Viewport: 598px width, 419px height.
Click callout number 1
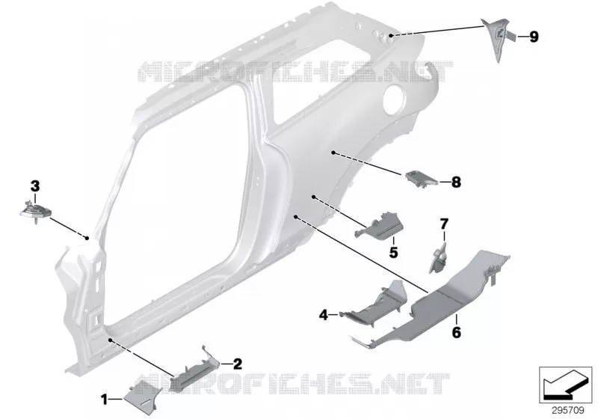[x=104, y=400]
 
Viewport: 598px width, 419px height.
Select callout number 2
[x=237, y=364]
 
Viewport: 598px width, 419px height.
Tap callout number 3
[x=34, y=186]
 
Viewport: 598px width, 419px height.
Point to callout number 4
[x=324, y=315]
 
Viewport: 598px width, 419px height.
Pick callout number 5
[x=393, y=252]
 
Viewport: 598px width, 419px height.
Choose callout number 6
[x=456, y=332]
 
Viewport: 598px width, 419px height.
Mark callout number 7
[x=444, y=224]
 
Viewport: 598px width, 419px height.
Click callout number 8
[x=456, y=182]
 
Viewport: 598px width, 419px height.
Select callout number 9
[x=534, y=37]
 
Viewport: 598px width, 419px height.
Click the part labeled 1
[x=142, y=397]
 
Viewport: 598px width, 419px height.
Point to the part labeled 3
[x=35, y=212]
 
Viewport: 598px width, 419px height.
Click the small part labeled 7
[x=439, y=259]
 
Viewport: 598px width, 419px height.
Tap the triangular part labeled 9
[x=498, y=38]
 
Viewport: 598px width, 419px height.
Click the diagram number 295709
[x=568, y=411]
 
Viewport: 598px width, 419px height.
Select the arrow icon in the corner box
[x=565, y=385]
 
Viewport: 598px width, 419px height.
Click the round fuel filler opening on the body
[x=395, y=100]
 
